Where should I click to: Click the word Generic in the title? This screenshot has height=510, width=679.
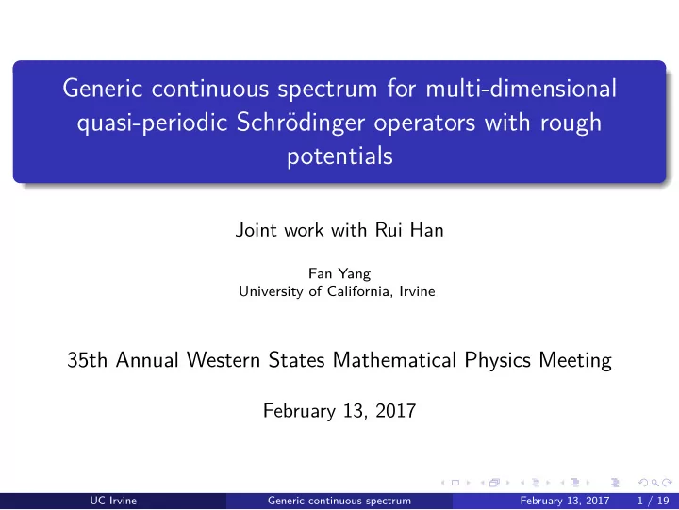point(103,88)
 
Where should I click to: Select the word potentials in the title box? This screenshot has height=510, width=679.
point(339,156)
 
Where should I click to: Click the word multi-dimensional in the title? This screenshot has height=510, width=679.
point(521,88)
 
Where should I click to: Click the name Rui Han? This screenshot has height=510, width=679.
point(409,230)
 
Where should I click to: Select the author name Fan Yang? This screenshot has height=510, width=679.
point(339,274)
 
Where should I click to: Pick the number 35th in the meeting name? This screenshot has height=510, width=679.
point(87,360)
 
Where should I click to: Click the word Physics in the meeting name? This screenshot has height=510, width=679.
point(498,360)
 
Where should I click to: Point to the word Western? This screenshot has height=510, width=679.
point(223,360)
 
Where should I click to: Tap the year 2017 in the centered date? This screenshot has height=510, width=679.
point(396,410)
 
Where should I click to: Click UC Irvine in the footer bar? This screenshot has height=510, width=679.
point(113,501)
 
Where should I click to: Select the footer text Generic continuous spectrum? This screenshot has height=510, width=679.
point(339,501)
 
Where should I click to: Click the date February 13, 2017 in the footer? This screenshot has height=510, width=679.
point(565,501)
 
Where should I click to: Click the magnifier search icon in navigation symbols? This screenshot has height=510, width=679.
point(655,483)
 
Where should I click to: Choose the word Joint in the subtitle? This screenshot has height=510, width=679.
point(257,230)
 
